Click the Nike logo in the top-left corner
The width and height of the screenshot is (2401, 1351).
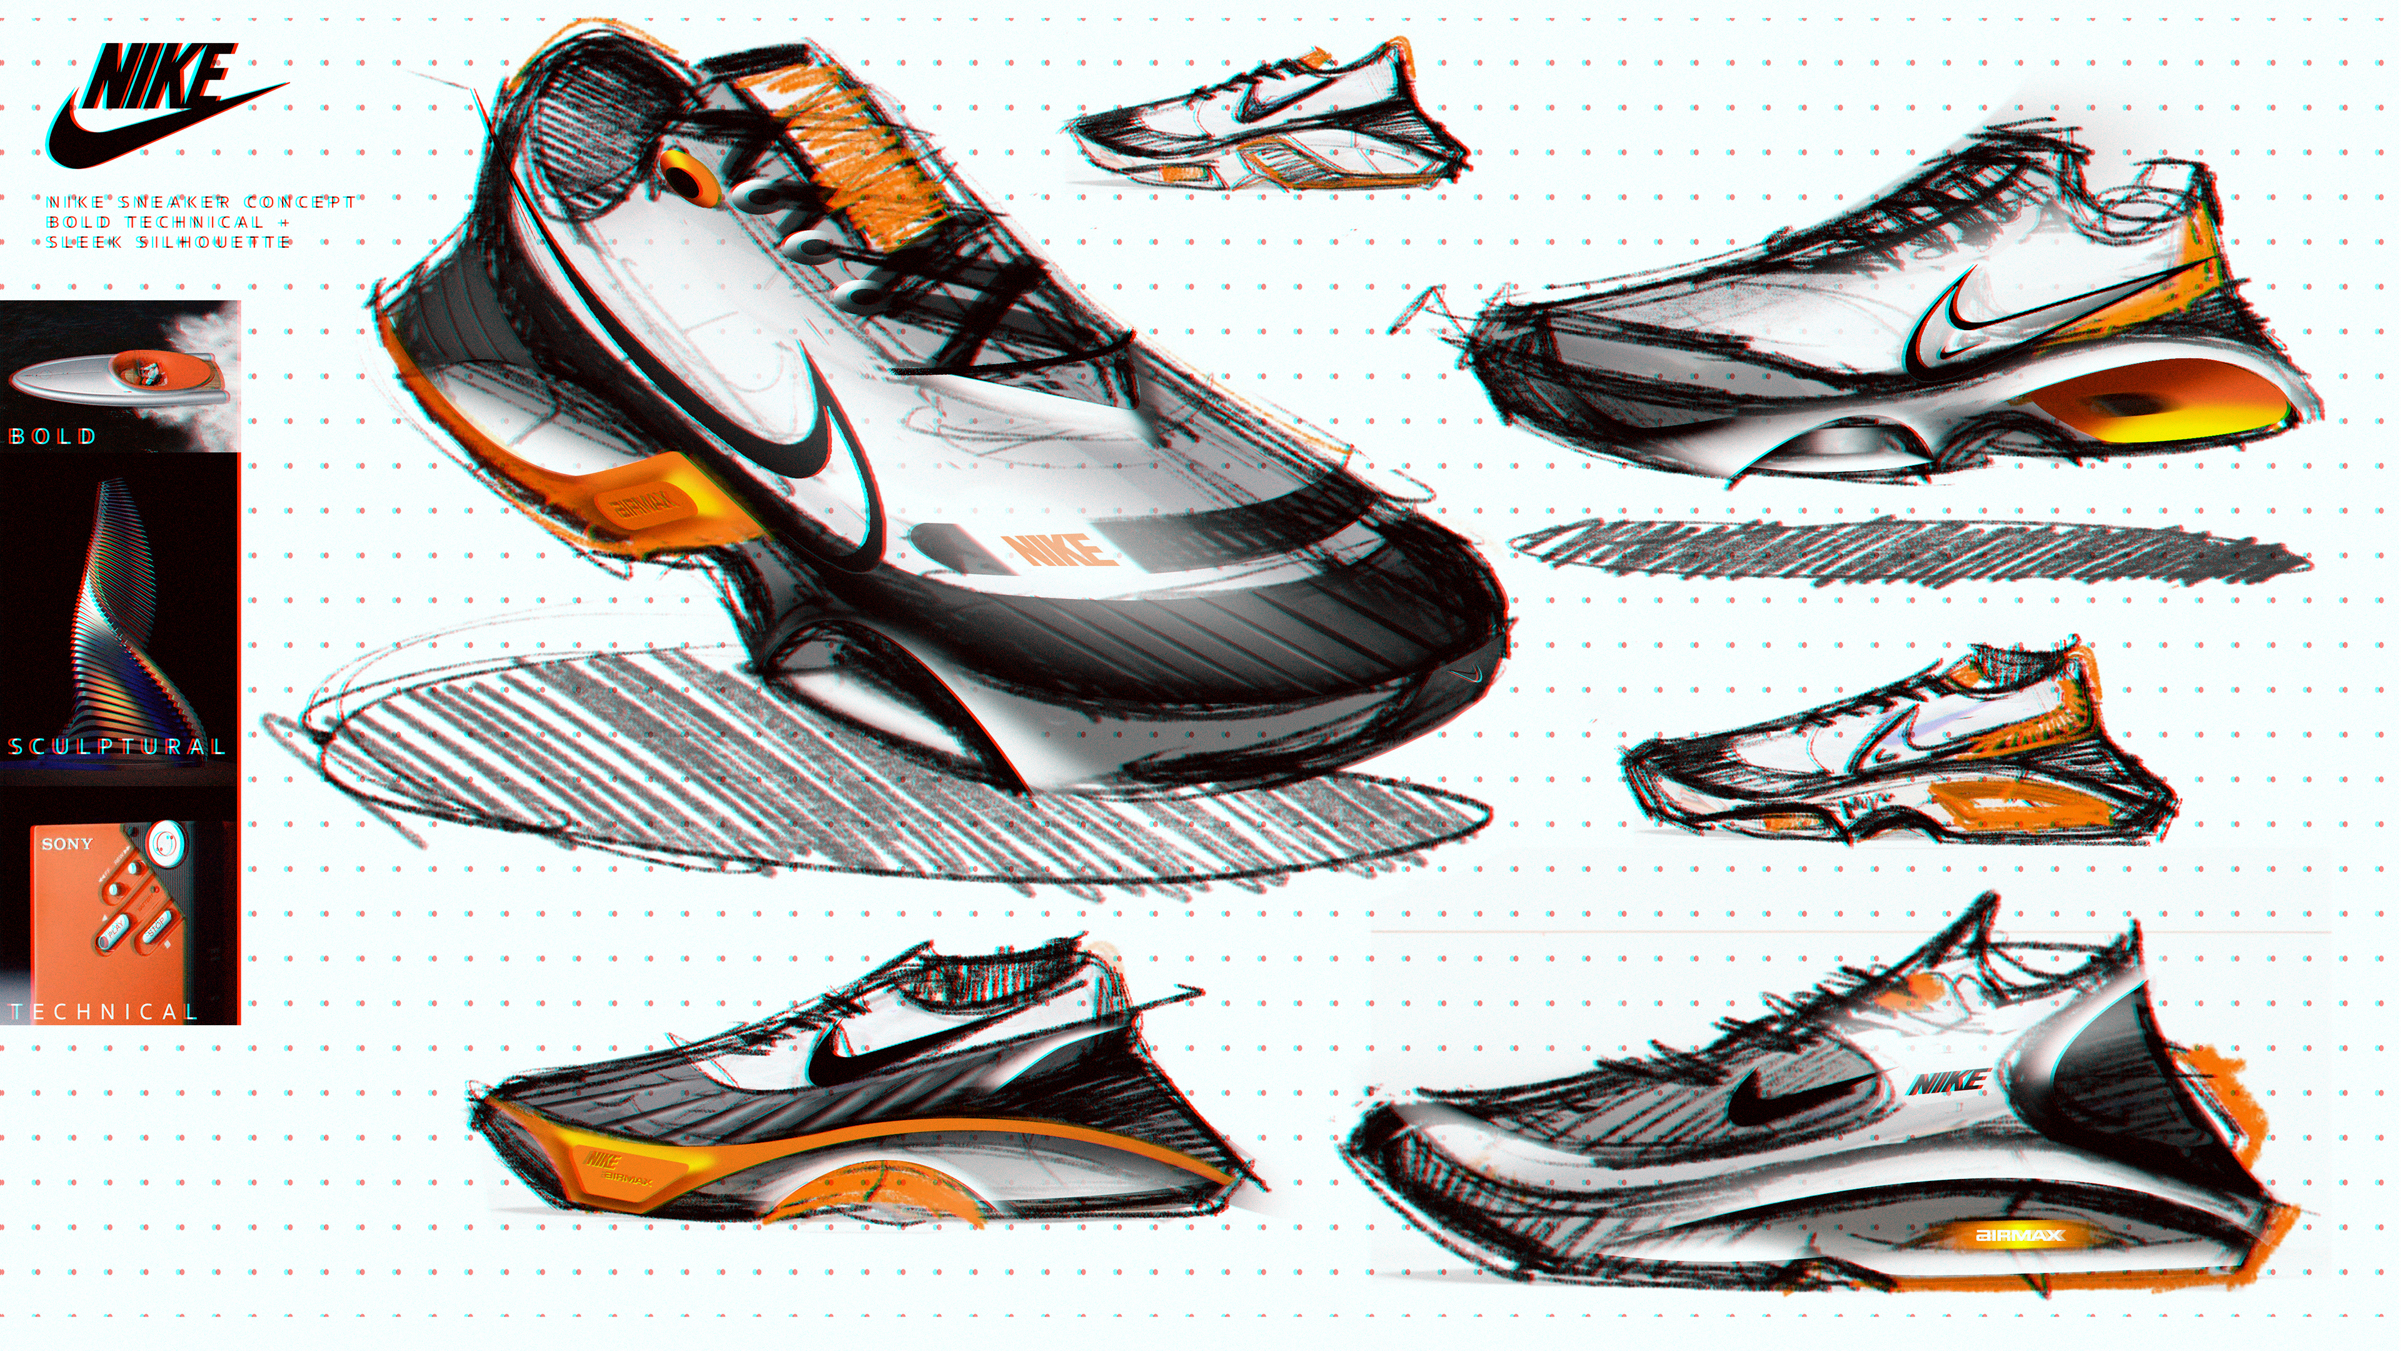pyautogui.click(x=158, y=103)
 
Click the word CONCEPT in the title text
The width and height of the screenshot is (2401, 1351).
pyautogui.click(x=300, y=202)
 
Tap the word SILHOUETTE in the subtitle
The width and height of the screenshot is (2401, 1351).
pyautogui.click(x=214, y=243)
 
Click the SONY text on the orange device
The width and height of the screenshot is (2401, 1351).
pyautogui.click(x=67, y=844)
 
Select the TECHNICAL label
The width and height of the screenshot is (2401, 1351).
pyautogui.click(x=103, y=1011)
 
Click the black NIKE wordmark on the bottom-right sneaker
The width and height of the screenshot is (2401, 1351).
pyautogui.click(x=1948, y=1081)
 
